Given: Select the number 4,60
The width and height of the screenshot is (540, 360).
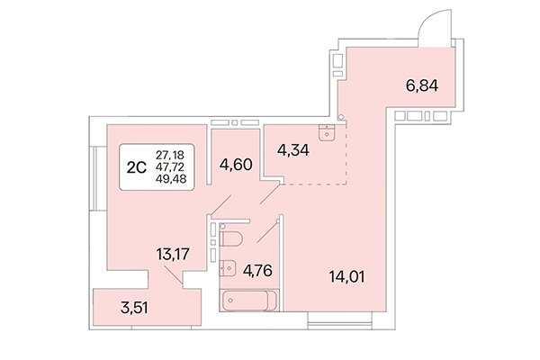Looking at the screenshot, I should [235, 165].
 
